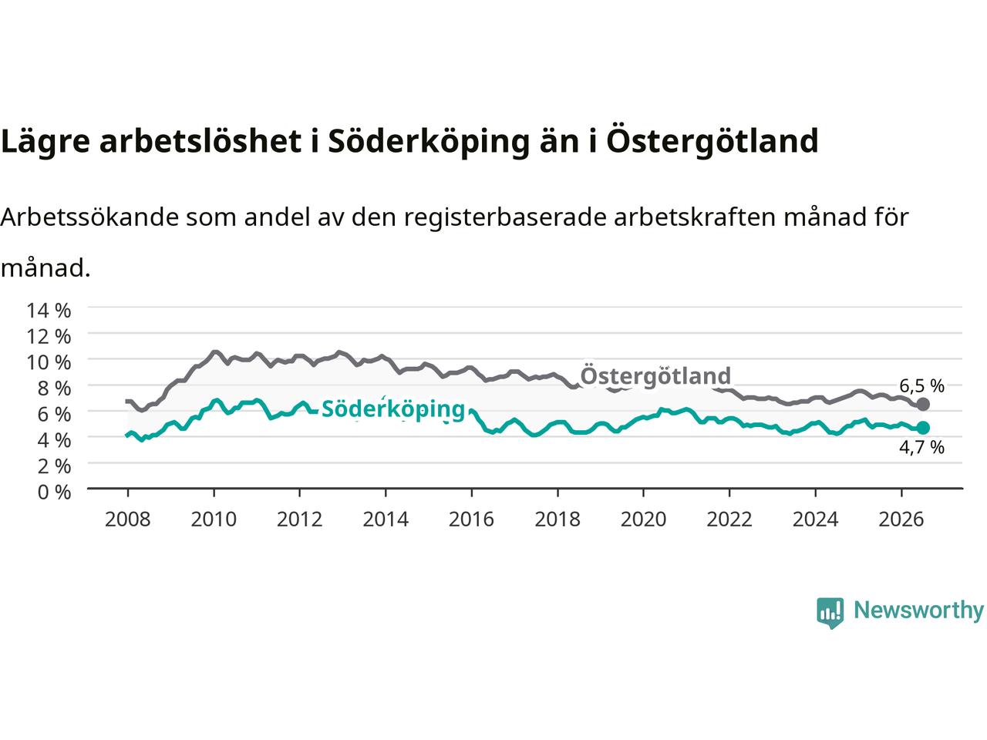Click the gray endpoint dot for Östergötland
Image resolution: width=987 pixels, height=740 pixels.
[922, 404]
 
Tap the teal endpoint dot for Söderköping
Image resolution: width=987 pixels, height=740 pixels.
[922, 428]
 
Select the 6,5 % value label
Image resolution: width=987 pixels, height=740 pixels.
[921, 385]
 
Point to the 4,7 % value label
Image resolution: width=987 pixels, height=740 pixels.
[921, 447]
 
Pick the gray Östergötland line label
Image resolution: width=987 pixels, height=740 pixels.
[655, 376]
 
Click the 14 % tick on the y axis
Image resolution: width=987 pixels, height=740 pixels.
[49, 311]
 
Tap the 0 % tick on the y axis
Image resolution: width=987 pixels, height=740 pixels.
[54, 492]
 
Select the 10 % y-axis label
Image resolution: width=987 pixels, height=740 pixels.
[49, 362]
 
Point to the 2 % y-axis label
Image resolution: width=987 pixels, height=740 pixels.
[54, 466]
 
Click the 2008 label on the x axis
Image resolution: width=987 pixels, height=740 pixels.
[128, 520]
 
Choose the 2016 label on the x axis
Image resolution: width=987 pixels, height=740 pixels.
[471, 520]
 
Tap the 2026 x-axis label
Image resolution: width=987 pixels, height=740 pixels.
[901, 520]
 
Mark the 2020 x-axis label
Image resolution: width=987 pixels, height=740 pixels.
[643, 520]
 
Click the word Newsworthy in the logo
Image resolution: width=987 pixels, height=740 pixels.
[918, 610]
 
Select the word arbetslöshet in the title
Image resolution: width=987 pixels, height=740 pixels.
[200, 140]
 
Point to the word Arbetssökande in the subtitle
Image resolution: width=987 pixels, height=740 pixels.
[90, 217]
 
